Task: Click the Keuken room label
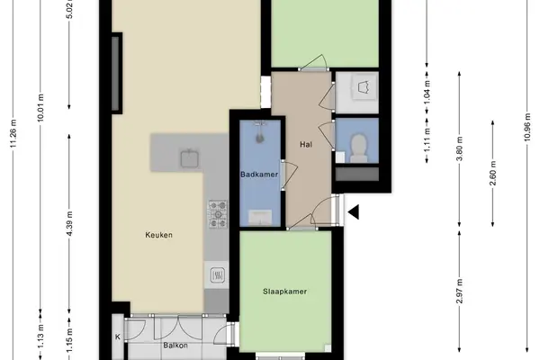(x=158, y=235)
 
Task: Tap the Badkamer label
(x=259, y=175)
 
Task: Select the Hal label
(x=306, y=144)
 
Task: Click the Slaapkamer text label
(x=284, y=292)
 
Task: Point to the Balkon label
(x=175, y=346)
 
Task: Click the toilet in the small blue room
(x=358, y=148)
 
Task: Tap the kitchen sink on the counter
(x=190, y=158)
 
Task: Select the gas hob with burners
(x=218, y=214)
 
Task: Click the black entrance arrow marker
(x=354, y=211)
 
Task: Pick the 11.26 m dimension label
(x=13, y=133)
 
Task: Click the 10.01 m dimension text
(x=40, y=107)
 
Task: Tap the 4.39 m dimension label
(x=69, y=223)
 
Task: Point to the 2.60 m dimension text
(x=493, y=174)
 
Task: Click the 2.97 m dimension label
(x=459, y=291)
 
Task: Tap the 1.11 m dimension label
(x=427, y=139)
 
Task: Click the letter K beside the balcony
(x=118, y=337)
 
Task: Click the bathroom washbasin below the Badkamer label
(x=260, y=217)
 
